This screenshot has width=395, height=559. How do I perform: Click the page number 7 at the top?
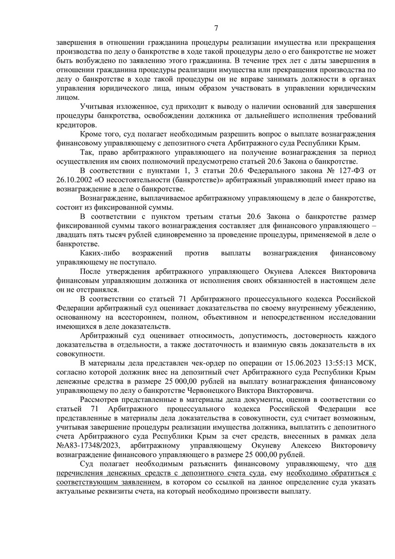[x=216, y=27]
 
